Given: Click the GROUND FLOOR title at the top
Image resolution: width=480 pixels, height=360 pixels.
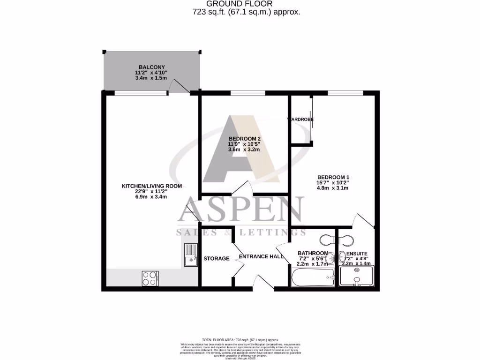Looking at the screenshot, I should coord(240,4).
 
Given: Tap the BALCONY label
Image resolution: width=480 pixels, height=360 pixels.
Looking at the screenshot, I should coord(151,67).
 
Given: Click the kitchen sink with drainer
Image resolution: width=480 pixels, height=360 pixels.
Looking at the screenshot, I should coord(191,255).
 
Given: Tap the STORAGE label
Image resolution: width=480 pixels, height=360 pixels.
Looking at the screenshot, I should coord(217,258).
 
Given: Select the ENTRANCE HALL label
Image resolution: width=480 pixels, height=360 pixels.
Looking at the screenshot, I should coord(261,257).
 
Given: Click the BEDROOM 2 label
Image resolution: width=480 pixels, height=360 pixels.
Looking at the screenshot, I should coord(244,139).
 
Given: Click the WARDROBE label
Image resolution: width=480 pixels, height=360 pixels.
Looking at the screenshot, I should coord(300,120).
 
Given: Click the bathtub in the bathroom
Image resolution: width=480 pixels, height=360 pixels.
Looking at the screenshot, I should coord(313,277).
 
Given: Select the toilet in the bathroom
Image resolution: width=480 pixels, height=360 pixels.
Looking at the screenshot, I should coord(326,240).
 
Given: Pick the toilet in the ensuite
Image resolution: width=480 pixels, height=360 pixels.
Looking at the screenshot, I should coord(346,240).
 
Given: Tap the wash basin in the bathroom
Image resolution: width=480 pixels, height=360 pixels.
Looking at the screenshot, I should coord(331,257).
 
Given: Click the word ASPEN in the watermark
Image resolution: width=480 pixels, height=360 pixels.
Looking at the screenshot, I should coord(240,211).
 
